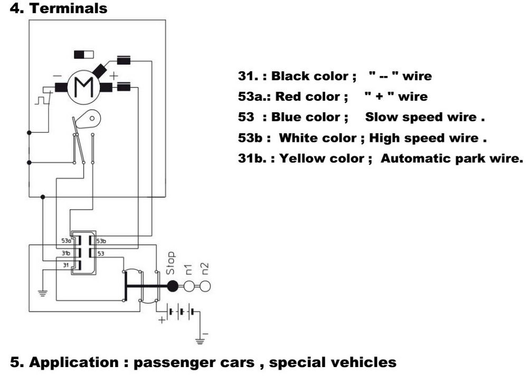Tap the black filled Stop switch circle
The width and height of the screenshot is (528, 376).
tap(173, 286)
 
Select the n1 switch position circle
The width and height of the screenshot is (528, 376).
tap(190, 286)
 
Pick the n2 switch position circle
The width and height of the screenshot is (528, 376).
tap(205, 286)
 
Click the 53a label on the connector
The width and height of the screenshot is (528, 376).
tap(66, 241)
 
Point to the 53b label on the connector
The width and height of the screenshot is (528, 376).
tap(101, 241)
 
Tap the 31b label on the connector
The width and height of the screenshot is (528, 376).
tap(65, 253)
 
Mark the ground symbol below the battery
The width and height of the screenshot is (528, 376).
tap(200, 341)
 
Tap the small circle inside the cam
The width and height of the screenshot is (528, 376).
tap(92, 118)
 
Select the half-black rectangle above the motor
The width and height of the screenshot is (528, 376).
tap(83, 54)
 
